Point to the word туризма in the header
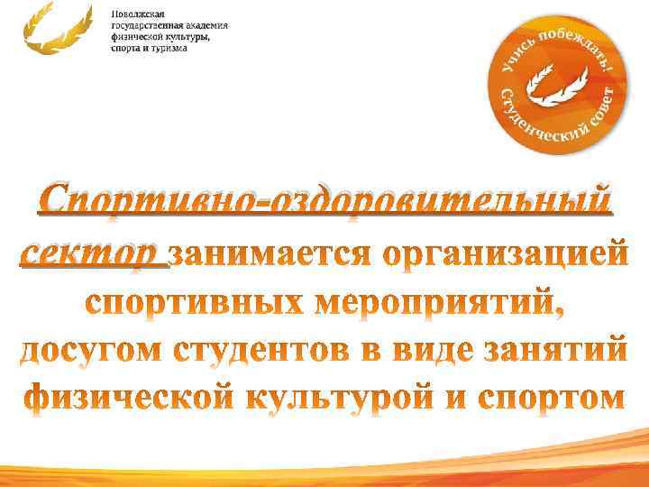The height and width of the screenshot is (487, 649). point(169,48)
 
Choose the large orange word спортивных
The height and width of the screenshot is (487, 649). point(193,304)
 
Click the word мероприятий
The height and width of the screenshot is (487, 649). point(442,305)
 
